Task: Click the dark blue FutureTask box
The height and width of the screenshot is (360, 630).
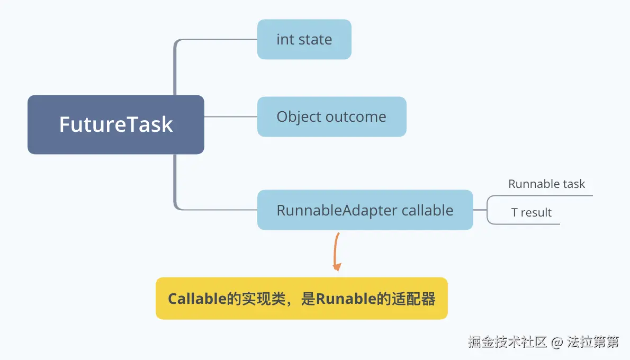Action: point(115,124)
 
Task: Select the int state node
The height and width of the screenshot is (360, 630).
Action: point(304,40)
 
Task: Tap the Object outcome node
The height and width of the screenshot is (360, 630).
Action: point(331,117)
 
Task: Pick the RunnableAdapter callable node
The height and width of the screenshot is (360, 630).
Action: point(365,210)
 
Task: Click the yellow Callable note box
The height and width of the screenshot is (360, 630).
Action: point(301,299)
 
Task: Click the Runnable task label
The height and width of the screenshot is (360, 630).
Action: point(546,184)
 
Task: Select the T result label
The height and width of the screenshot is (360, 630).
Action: point(531,213)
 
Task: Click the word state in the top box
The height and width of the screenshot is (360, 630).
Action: point(315,40)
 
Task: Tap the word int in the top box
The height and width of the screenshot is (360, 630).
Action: point(285,40)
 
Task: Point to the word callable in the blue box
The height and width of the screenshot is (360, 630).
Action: point(427,210)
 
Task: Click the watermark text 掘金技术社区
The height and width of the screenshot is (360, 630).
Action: point(507,342)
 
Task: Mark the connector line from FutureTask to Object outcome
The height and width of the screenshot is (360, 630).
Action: point(231,116)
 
